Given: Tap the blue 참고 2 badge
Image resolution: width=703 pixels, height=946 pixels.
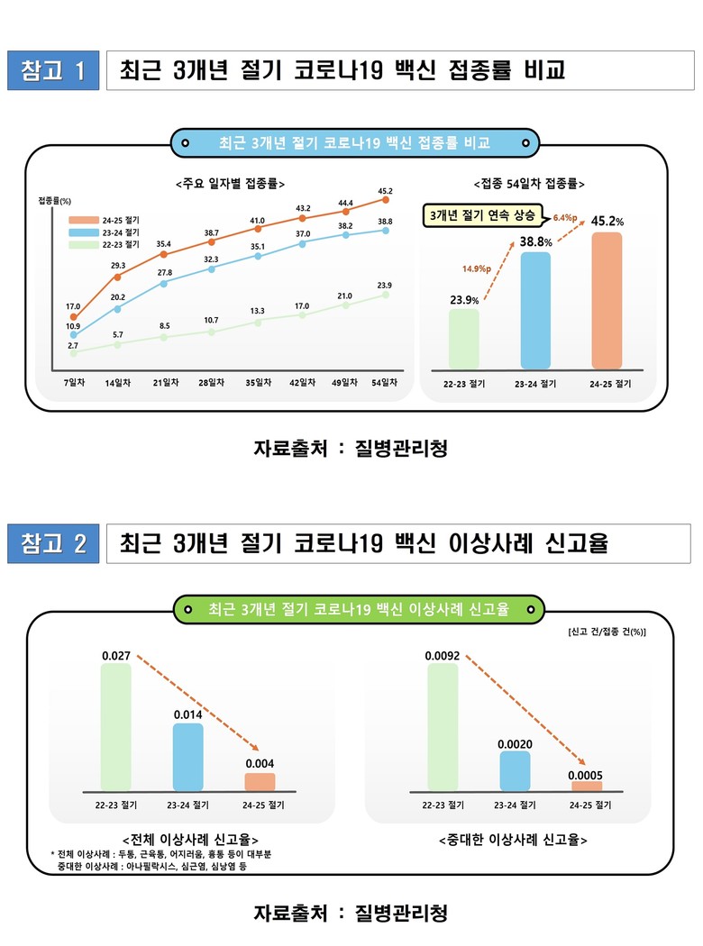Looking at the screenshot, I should [x=52, y=543].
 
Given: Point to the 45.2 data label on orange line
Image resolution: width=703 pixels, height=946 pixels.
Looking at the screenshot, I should [x=385, y=190].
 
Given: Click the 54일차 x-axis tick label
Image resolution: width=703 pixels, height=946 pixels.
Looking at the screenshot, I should [x=385, y=382].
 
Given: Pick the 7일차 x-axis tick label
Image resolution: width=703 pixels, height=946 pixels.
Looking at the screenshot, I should [x=74, y=382].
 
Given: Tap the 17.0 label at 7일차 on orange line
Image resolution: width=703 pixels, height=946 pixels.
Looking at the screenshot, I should [x=74, y=306].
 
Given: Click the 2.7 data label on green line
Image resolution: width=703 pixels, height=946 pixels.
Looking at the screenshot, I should [x=75, y=345].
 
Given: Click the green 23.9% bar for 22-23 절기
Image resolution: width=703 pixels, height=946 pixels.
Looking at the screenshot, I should [x=464, y=339].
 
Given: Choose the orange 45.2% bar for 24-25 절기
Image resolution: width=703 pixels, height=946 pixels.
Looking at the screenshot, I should [x=607, y=300].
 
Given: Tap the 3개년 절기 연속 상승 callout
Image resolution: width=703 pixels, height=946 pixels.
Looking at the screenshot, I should [x=482, y=216].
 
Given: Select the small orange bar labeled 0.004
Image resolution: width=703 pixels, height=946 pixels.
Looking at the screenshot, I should [x=260, y=782].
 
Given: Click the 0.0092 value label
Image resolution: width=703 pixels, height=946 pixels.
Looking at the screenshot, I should [x=443, y=656].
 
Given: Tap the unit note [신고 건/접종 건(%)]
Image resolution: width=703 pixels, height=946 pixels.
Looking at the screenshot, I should [x=607, y=632].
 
